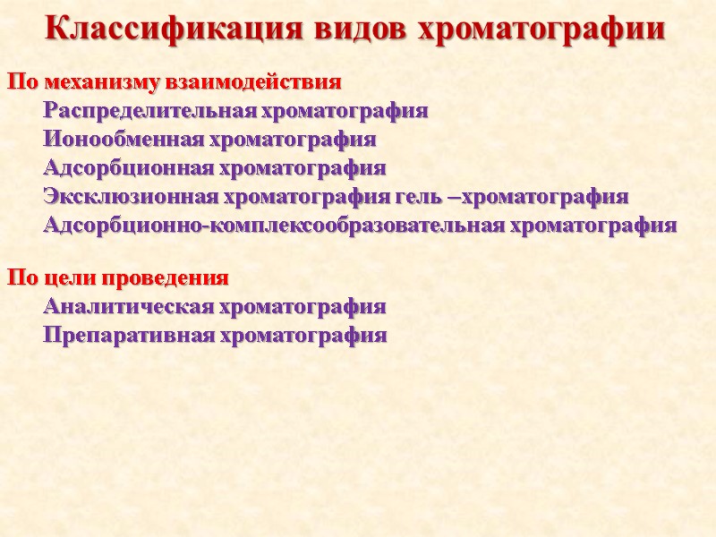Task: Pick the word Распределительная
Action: pyautogui.click(x=149, y=112)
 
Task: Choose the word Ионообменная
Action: pyautogui.click(x=124, y=140)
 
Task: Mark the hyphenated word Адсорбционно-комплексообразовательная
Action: pyautogui.click(x=274, y=225)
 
